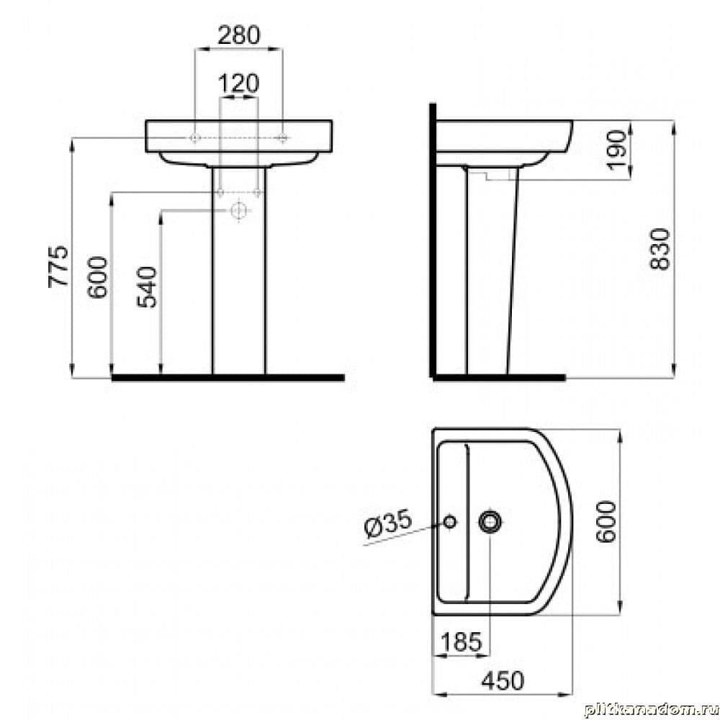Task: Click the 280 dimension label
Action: pyautogui.click(x=239, y=35)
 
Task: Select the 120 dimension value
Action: pyautogui.click(x=239, y=84)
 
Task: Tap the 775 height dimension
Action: pyautogui.click(x=58, y=267)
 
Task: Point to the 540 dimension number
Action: pyautogui.click(x=147, y=287)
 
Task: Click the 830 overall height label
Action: pyautogui.click(x=660, y=249)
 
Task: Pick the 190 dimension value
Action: pyautogui.click(x=617, y=150)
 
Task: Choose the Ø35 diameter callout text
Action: pyautogui.click(x=389, y=523)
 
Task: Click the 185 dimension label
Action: pyautogui.click(x=462, y=642)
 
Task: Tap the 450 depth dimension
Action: pyautogui.click(x=503, y=680)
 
